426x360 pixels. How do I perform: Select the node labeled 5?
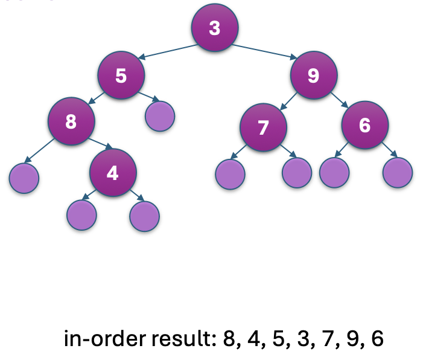coord(122,76)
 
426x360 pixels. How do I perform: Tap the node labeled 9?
coord(313,76)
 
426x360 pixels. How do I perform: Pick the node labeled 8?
coord(72,121)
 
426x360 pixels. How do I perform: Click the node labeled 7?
coord(262,127)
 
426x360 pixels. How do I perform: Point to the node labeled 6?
coord(364,126)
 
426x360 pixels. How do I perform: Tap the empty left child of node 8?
coord(24,178)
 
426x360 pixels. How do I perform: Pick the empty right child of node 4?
coord(144,216)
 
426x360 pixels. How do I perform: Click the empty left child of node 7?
coord(230,173)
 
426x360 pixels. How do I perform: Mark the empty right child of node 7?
coord(297,173)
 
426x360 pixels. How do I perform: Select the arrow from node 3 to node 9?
coord(264,51)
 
